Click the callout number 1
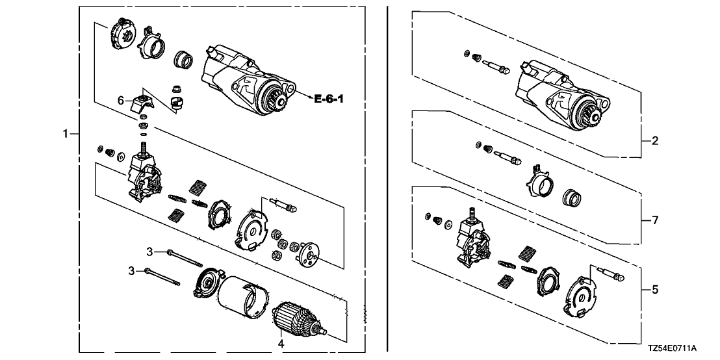tap(65, 134)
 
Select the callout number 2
tap(655, 140)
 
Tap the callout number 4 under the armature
tap(281, 342)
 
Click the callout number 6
tap(120, 100)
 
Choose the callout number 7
tap(655, 220)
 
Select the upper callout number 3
tap(149, 251)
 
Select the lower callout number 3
tap(131, 270)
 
